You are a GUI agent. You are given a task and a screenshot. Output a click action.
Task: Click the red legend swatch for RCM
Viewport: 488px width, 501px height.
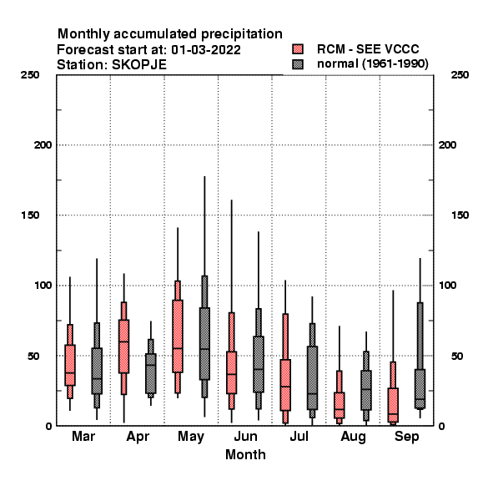tap(298, 49)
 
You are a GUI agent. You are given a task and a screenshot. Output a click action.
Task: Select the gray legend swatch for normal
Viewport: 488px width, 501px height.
tap(298, 64)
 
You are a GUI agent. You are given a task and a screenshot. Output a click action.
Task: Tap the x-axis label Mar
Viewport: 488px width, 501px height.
tap(83, 436)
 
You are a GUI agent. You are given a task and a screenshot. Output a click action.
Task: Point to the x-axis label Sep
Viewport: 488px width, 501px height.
tap(406, 437)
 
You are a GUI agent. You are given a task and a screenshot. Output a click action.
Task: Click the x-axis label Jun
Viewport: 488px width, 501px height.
tap(245, 436)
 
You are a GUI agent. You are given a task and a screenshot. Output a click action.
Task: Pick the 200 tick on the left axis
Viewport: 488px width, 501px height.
tap(43, 145)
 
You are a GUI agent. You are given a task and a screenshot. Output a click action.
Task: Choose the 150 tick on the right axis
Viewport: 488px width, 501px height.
tap(460, 215)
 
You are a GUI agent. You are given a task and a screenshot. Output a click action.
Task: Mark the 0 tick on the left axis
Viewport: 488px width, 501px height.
tap(48, 426)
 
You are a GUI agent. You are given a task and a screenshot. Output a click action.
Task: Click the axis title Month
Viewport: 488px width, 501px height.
tap(245, 455)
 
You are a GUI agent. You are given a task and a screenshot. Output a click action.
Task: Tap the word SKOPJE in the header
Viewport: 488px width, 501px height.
tap(139, 65)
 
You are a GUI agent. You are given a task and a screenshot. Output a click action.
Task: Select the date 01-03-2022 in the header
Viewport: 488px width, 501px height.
tap(206, 50)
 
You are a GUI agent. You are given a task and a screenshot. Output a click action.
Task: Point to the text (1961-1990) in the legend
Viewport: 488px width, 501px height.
tap(395, 64)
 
